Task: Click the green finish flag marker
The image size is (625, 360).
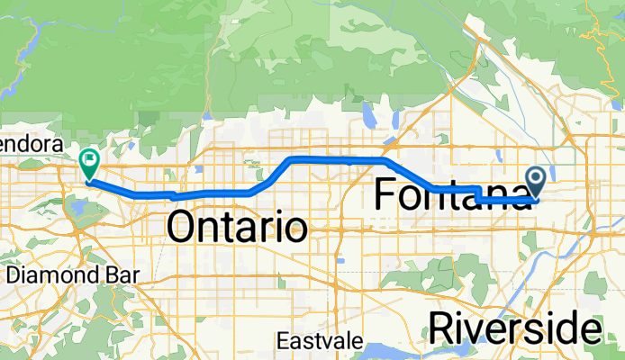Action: click(90, 163)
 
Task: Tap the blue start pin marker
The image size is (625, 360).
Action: click(537, 183)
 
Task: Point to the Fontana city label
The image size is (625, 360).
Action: click(450, 194)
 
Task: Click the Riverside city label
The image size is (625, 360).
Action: click(514, 327)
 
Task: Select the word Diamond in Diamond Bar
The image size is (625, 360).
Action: click(42, 273)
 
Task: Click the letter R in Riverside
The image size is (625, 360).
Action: click(441, 327)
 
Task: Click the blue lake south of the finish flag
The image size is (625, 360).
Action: click(80, 209)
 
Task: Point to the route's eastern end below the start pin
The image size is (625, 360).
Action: click(535, 201)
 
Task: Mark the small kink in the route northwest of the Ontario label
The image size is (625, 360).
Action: click(171, 194)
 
